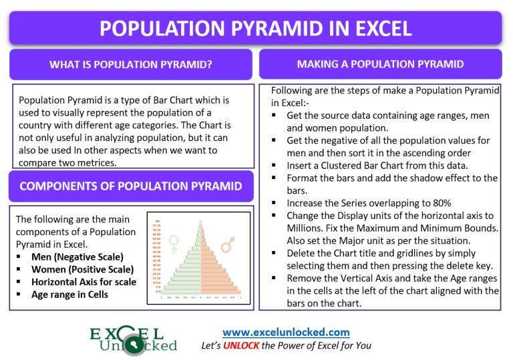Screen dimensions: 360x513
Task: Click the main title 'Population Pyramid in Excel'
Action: click(256, 28)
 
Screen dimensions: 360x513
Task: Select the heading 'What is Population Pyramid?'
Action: click(131, 65)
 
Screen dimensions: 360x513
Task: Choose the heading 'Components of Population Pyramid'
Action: click(131, 186)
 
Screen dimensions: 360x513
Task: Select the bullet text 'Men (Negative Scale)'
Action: click(77, 256)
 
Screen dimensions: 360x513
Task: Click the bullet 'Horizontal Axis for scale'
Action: click(83, 282)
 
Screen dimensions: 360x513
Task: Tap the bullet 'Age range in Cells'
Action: click(69, 295)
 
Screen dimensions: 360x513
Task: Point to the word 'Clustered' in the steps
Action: click(341, 165)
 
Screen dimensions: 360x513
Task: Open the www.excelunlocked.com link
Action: click(286, 331)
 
